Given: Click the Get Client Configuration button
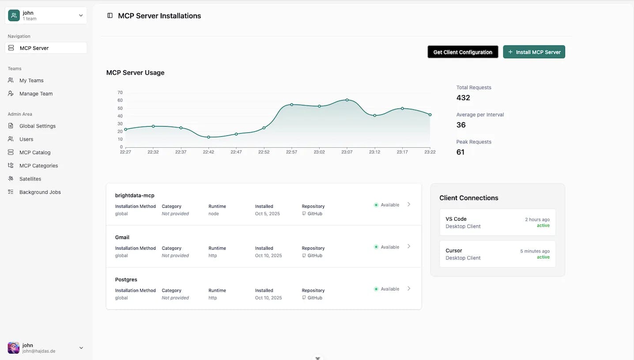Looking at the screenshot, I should tap(463, 52).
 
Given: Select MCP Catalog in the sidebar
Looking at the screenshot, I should tap(35, 152).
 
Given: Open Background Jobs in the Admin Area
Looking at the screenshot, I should tap(40, 192).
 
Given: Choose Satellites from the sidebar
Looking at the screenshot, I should tap(30, 179).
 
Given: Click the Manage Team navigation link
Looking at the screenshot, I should tap(36, 94).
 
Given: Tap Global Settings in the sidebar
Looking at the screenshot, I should tap(38, 126).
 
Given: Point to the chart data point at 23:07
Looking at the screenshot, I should tap(347, 100).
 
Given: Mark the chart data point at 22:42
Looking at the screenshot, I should tap(208, 137).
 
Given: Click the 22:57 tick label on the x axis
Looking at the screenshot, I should tap(291, 152).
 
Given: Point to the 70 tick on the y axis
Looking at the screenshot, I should tap(120, 93).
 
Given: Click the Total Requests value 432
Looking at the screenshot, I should tap(463, 97).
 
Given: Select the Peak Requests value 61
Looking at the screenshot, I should tap(460, 152).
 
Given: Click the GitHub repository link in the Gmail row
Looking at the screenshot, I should tap(314, 255).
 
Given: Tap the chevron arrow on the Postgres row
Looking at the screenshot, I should tap(409, 289).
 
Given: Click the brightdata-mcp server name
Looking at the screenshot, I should tap(135, 195).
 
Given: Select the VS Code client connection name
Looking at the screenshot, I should tap(456, 219).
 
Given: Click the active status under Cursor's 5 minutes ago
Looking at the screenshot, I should tap(543, 257).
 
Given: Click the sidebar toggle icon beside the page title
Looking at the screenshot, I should tap(110, 16).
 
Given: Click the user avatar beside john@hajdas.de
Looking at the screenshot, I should tap(14, 348).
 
